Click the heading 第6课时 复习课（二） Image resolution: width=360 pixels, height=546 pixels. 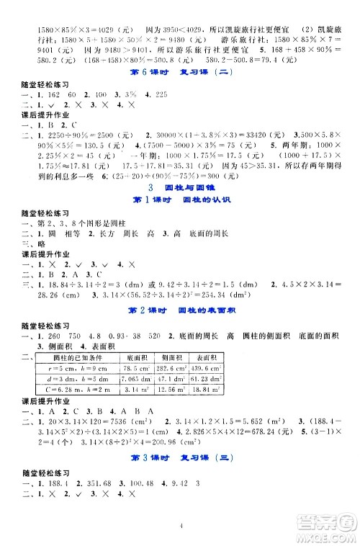[180, 73]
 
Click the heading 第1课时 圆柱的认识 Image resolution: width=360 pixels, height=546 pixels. [180, 200]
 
